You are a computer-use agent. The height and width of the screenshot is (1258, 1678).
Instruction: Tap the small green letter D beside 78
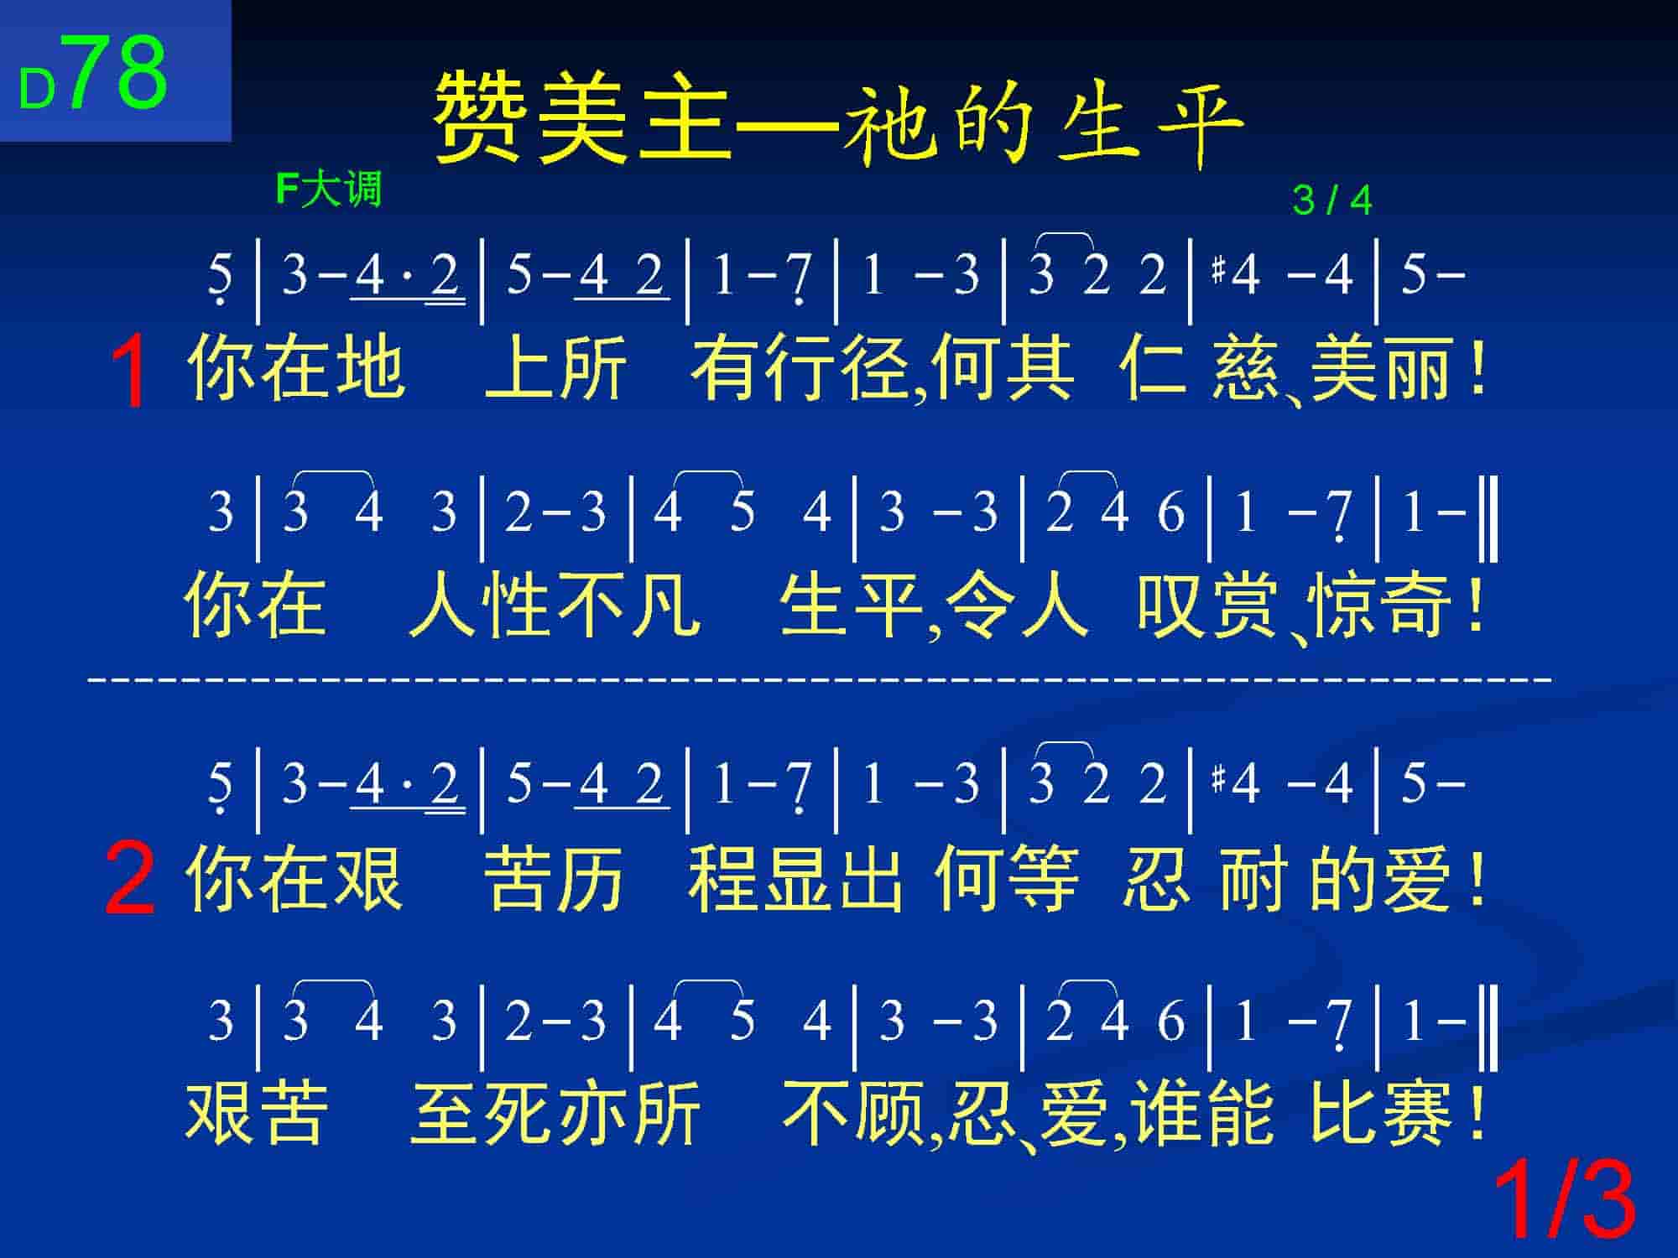(x=37, y=90)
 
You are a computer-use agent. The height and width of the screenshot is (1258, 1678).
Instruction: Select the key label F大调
(x=328, y=189)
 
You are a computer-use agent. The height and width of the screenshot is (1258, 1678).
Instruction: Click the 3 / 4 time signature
(x=1332, y=200)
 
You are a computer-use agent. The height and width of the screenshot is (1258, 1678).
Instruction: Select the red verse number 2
(x=130, y=880)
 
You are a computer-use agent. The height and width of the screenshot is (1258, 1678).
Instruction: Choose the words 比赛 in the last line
(x=1381, y=1113)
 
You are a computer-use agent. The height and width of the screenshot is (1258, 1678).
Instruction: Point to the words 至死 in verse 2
(x=482, y=1113)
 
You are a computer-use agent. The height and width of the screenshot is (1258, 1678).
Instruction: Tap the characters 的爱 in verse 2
(x=1381, y=878)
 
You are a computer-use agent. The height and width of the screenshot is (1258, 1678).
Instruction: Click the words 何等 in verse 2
(x=1004, y=878)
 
